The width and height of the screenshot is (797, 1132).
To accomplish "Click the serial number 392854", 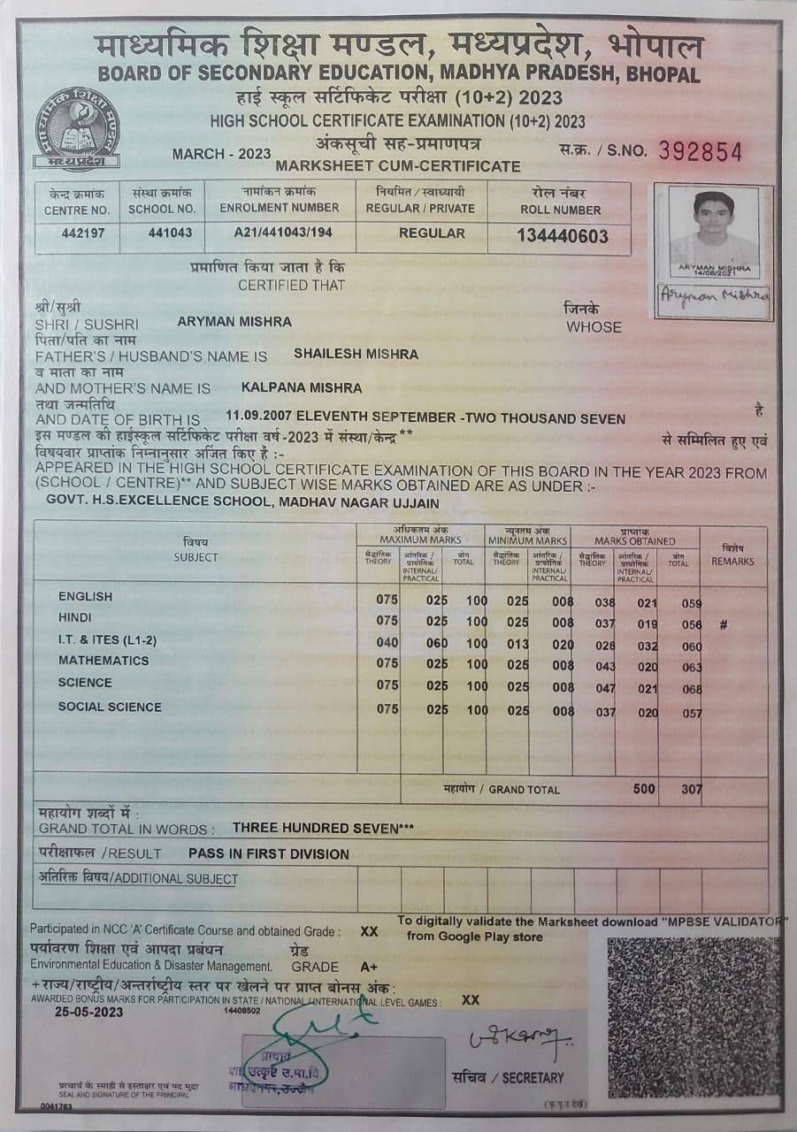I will [x=700, y=151].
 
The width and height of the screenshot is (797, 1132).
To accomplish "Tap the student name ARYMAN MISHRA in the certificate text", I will [x=234, y=322].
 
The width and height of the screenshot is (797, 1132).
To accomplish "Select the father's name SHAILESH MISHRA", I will [x=356, y=354].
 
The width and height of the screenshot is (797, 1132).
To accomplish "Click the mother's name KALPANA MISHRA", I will [x=301, y=387].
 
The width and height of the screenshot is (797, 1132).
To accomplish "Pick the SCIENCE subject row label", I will [x=85, y=683].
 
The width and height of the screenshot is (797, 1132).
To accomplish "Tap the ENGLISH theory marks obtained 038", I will [x=605, y=602].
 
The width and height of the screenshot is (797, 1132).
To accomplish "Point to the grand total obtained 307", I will [x=691, y=789].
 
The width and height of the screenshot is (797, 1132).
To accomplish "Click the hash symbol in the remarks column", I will [x=723, y=624].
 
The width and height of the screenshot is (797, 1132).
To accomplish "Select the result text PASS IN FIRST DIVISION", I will [x=269, y=854].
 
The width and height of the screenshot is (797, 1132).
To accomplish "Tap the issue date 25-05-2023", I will [x=88, y=1013].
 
